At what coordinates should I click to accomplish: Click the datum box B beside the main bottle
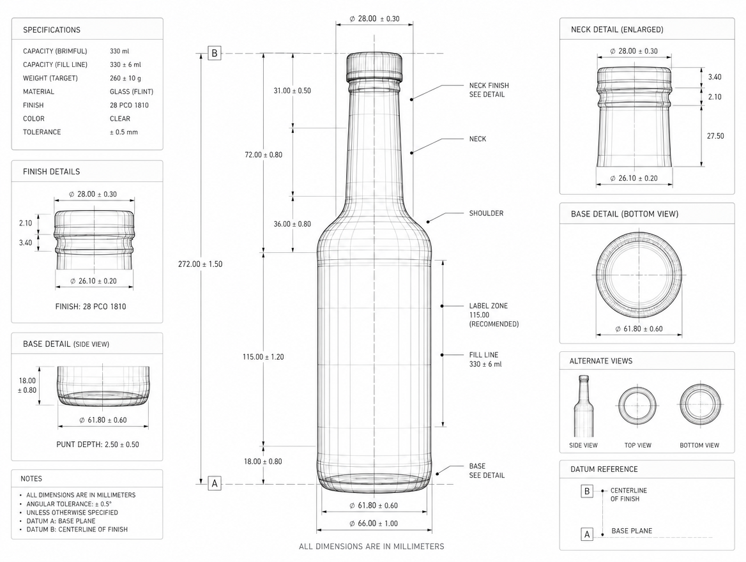215,53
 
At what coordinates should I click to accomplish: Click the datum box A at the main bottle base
215,483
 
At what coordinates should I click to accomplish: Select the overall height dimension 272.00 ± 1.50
201,264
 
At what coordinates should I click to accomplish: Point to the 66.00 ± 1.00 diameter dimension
374,524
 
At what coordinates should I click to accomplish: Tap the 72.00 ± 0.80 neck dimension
264,155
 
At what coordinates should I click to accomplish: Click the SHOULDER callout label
486,213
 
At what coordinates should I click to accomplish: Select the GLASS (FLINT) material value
132,92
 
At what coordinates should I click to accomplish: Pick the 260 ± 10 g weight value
125,78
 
